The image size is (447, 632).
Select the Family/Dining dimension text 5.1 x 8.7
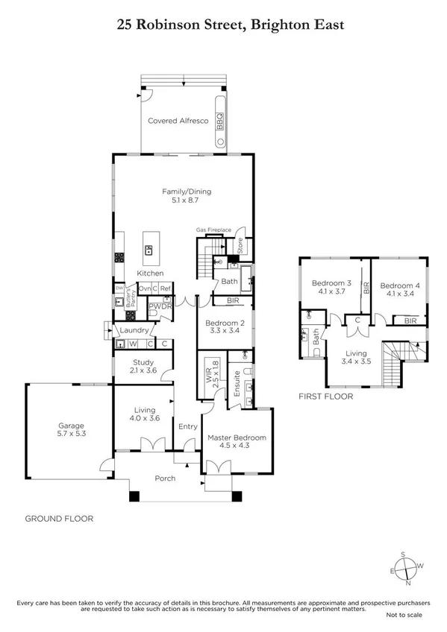pos(183,200)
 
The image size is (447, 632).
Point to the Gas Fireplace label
pos(213,230)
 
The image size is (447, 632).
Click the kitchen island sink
pos(149,251)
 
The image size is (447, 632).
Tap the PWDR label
pos(159,306)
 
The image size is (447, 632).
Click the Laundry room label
pos(132,330)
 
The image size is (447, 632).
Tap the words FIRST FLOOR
pos(325,396)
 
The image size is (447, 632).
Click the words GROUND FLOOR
pos(59,518)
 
